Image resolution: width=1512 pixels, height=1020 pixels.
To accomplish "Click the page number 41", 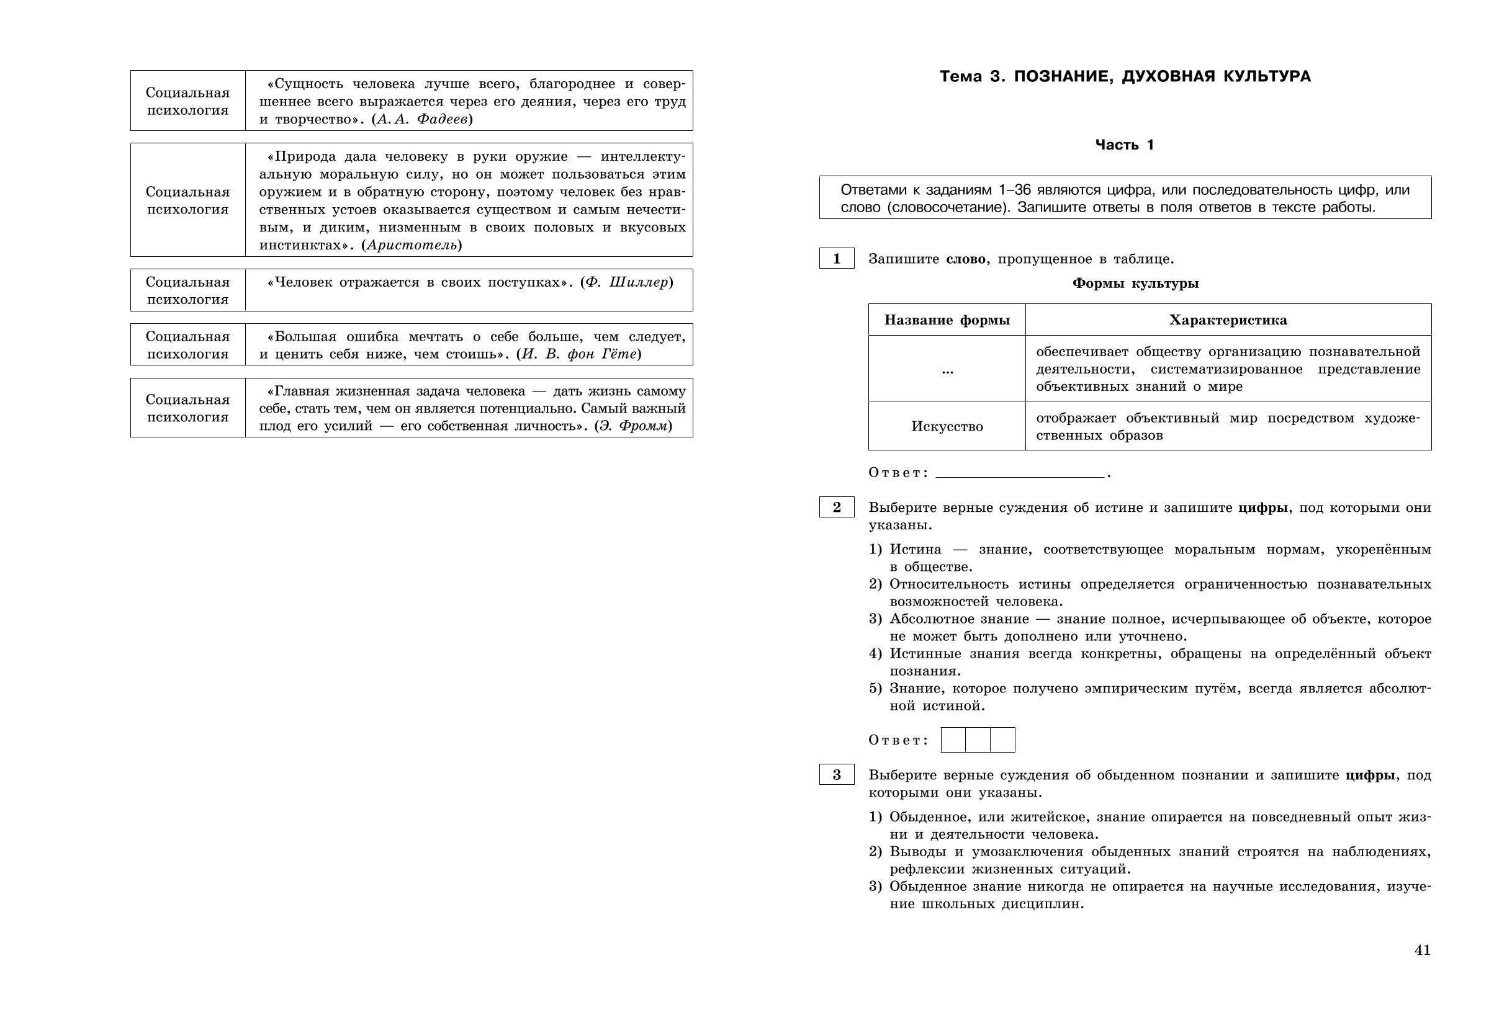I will [1422, 951].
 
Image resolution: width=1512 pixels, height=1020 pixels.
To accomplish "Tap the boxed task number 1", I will [836, 259].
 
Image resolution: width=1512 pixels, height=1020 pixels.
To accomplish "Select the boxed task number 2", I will [836, 508].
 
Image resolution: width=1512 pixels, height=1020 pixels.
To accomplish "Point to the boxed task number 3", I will [836, 775].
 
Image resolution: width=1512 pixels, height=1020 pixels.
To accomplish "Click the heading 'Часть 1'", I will [1124, 145].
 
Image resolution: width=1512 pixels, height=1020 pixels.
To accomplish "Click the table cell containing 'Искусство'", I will [947, 427].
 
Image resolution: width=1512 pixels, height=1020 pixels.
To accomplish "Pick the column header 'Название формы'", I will [947, 320].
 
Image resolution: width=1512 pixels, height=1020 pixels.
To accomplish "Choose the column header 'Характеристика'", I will [1228, 320].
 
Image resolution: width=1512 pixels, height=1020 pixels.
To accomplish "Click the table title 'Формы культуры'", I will [1135, 284].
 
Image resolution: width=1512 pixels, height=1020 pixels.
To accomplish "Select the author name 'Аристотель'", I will [412, 245].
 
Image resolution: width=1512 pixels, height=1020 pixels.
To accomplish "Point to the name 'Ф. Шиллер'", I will [626, 282].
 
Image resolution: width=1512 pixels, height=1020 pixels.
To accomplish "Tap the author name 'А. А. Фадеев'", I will [422, 120].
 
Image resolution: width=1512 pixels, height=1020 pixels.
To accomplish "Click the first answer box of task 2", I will [953, 740].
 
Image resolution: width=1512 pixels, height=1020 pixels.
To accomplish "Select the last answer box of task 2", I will [1002, 740].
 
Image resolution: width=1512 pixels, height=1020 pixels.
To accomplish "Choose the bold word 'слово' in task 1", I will [966, 259].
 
